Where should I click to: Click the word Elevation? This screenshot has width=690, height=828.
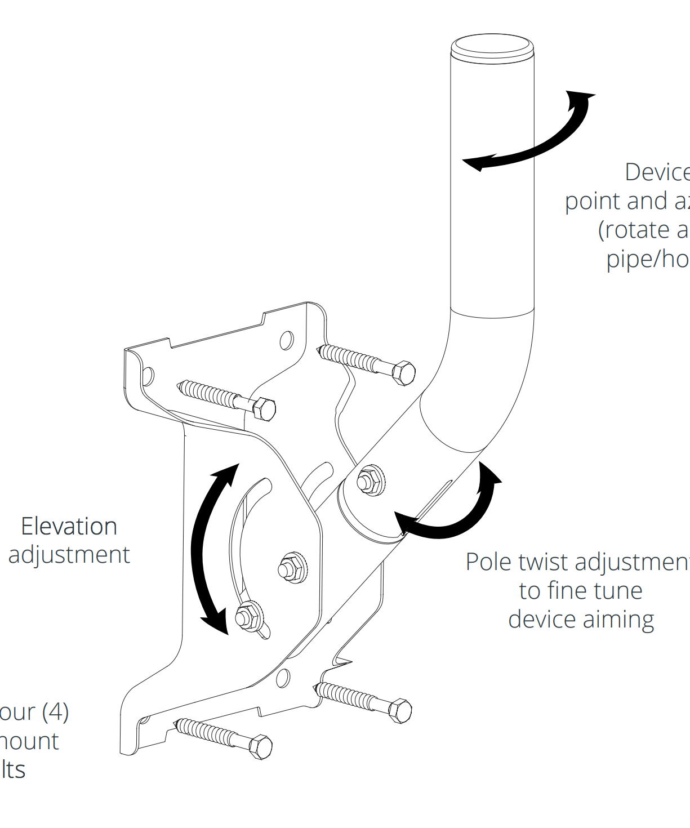69,527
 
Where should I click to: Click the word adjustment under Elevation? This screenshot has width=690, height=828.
69,555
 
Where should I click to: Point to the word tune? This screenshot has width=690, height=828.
619,591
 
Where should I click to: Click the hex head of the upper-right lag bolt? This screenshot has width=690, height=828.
403,373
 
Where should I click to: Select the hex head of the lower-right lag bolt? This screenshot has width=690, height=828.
400,710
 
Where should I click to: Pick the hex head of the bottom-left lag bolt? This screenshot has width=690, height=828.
261,747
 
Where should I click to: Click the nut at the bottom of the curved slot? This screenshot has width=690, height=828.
248,616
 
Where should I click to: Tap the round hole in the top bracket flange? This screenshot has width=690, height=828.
287,340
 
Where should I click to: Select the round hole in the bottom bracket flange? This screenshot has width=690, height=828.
283,678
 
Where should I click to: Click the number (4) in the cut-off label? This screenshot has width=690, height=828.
55,713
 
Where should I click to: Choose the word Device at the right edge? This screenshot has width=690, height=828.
657,172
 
